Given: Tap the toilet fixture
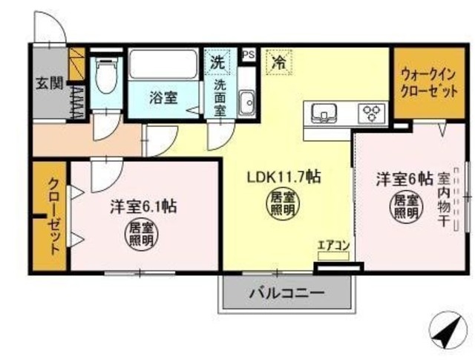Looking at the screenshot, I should (106, 77).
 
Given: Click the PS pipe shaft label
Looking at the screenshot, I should (249, 55).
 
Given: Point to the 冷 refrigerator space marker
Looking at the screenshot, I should (280, 61).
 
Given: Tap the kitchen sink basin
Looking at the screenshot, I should (324, 113).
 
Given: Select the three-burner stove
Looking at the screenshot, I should (372, 114).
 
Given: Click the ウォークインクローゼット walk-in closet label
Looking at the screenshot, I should (420, 84).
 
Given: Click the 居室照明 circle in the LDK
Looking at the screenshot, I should (281, 206).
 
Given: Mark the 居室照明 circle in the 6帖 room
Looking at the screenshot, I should (405, 206).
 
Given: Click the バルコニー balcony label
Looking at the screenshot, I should (285, 293).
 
